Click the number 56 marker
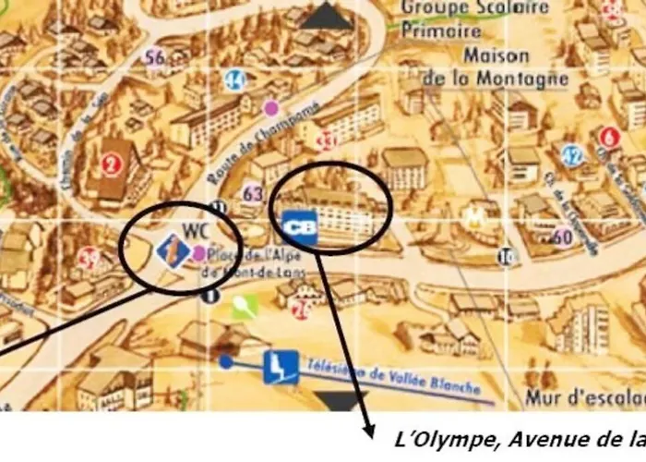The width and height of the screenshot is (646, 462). [x=155, y=57]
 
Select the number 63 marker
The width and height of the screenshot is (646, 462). [x=253, y=193]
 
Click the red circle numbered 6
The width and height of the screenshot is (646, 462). [x=608, y=138]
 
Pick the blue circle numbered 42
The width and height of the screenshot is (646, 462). [x=573, y=154]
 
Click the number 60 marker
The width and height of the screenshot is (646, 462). [x=562, y=236]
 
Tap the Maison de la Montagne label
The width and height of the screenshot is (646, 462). [x=496, y=67]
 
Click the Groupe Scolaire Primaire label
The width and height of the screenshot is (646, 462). [x=475, y=18]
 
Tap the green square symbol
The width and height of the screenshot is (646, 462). [x=242, y=307]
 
